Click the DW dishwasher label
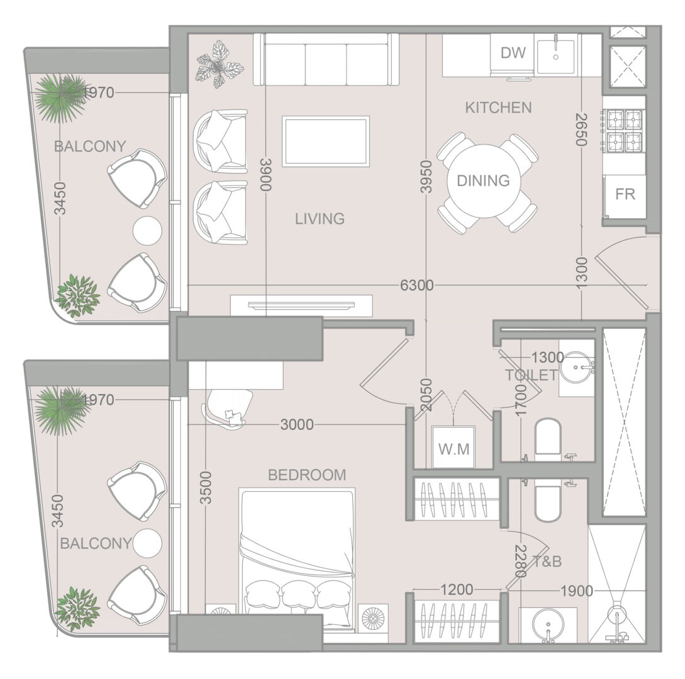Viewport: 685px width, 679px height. (x=513, y=53)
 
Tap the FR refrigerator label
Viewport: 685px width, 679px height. (x=625, y=194)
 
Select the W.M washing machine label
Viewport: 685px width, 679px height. (x=454, y=449)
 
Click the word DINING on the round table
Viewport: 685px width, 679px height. (x=483, y=180)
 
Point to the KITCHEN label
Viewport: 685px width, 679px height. (x=498, y=108)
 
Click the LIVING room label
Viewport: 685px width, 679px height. (x=320, y=219)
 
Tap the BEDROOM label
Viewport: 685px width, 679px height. (x=307, y=475)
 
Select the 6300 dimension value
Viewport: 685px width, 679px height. (x=417, y=285)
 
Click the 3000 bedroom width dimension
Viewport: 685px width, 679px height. (x=297, y=424)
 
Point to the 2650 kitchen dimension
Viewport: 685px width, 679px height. (x=581, y=130)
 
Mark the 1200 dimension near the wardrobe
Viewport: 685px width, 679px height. (x=457, y=590)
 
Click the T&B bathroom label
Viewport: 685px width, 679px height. (x=547, y=561)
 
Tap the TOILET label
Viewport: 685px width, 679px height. (x=532, y=375)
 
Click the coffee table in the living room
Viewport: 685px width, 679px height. (x=326, y=141)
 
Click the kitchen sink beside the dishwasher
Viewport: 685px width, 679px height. (x=556, y=53)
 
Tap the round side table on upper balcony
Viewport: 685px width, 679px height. (x=147, y=230)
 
